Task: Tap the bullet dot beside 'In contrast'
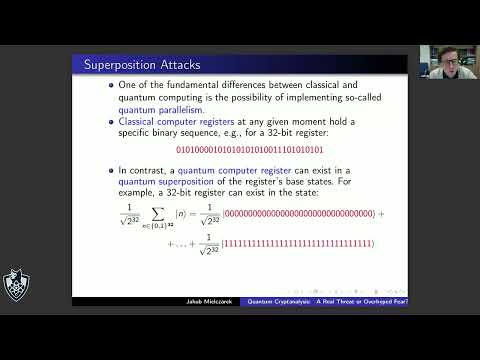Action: pos(110,172)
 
